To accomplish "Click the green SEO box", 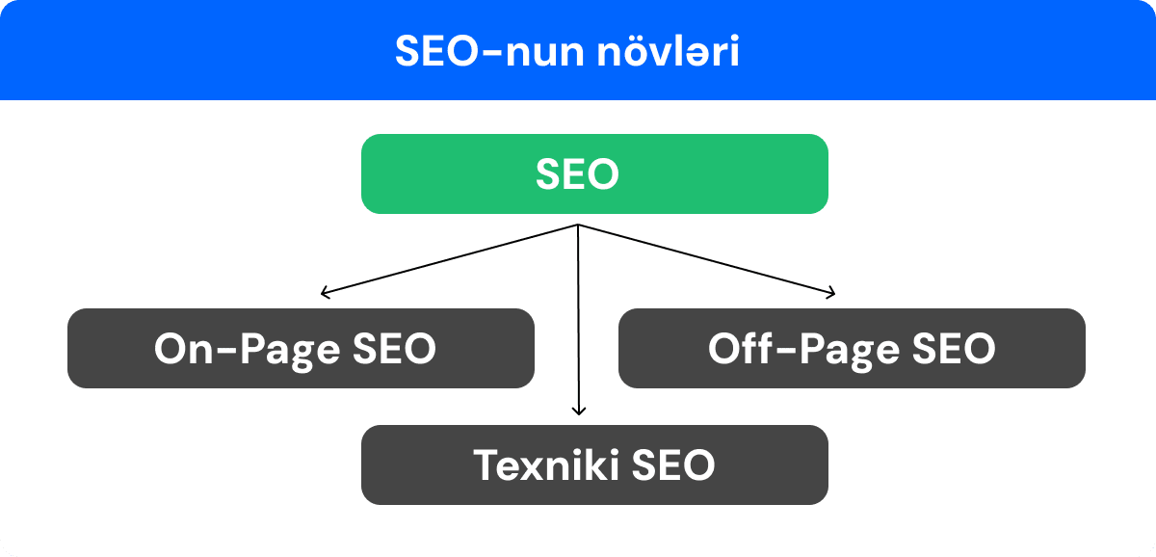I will tap(594, 173).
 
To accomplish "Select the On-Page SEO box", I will tap(301, 348).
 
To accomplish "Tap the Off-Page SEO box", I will tap(852, 348).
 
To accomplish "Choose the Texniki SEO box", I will tap(594, 464).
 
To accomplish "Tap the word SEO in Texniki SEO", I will tap(673, 465).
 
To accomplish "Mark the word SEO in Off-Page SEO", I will tap(948, 349).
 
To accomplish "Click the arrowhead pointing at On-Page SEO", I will tap(325, 292).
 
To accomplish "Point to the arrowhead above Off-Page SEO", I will tap(831, 292).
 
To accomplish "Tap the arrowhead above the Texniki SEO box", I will tap(578, 411).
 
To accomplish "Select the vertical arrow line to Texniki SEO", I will tap(578, 318).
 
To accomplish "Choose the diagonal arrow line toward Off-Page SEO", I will tap(705, 258).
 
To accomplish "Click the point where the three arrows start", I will tap(578, 225).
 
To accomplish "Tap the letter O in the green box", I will tap(601, 174).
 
